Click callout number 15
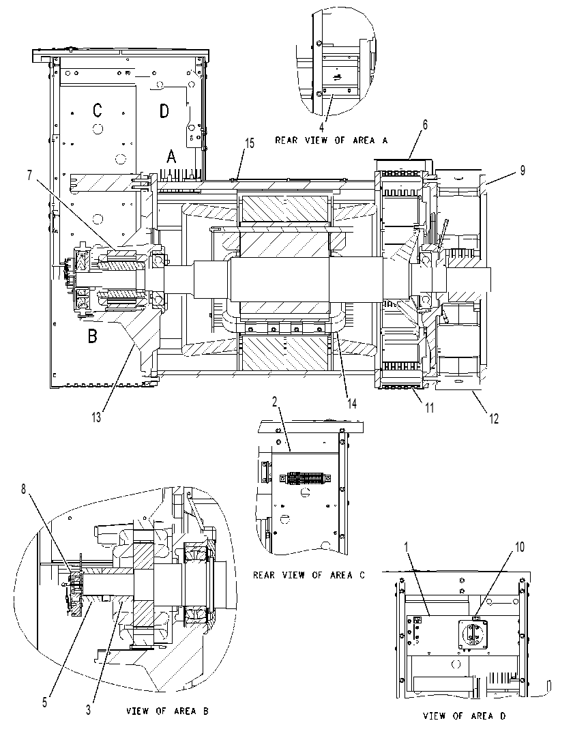click(250, 143)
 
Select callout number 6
click(425, 125)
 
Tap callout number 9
click(522, 171)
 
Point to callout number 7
click(30, 175)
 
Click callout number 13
click(96, 417)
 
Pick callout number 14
click(352, 403)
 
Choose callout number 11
click(429, 408)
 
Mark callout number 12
click(494, 418)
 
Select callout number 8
click(24, 489)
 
